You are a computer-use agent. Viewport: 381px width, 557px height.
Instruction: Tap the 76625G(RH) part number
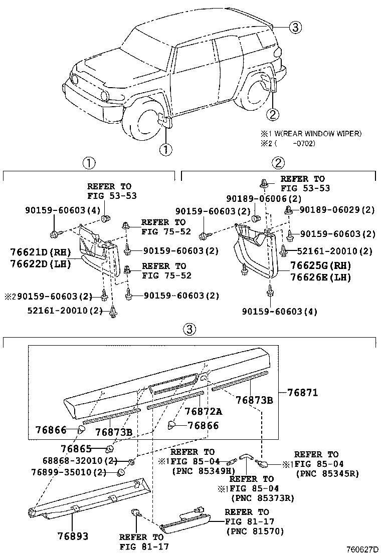click(321, 266)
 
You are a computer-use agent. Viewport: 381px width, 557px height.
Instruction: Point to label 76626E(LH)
click(321, 277)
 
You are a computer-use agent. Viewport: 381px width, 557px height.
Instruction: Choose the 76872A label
click(203, 411)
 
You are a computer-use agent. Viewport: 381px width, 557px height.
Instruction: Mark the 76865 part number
click(77, 449)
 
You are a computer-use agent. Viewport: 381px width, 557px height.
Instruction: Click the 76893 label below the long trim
click(73, 536)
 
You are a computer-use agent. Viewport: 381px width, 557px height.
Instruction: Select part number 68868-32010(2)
click(74, 460)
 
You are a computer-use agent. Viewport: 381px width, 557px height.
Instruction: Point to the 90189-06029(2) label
click(337, 210)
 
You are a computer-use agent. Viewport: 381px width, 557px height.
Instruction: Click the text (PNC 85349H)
click(203, 471)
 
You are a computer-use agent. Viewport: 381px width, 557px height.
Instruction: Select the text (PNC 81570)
click(255, 531)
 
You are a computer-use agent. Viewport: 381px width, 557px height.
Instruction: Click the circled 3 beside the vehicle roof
click(295, 28)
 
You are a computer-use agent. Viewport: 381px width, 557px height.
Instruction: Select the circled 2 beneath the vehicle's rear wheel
click(272, 114)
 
